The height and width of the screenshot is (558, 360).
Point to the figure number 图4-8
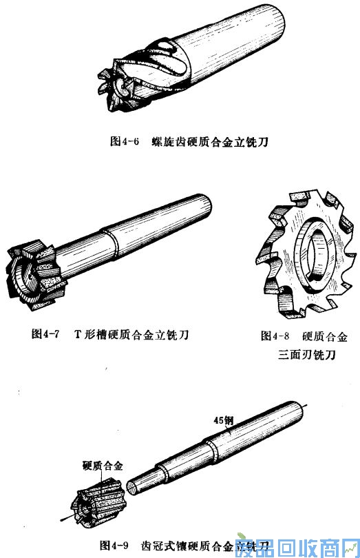275,336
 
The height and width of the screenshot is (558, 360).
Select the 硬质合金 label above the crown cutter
103,466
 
